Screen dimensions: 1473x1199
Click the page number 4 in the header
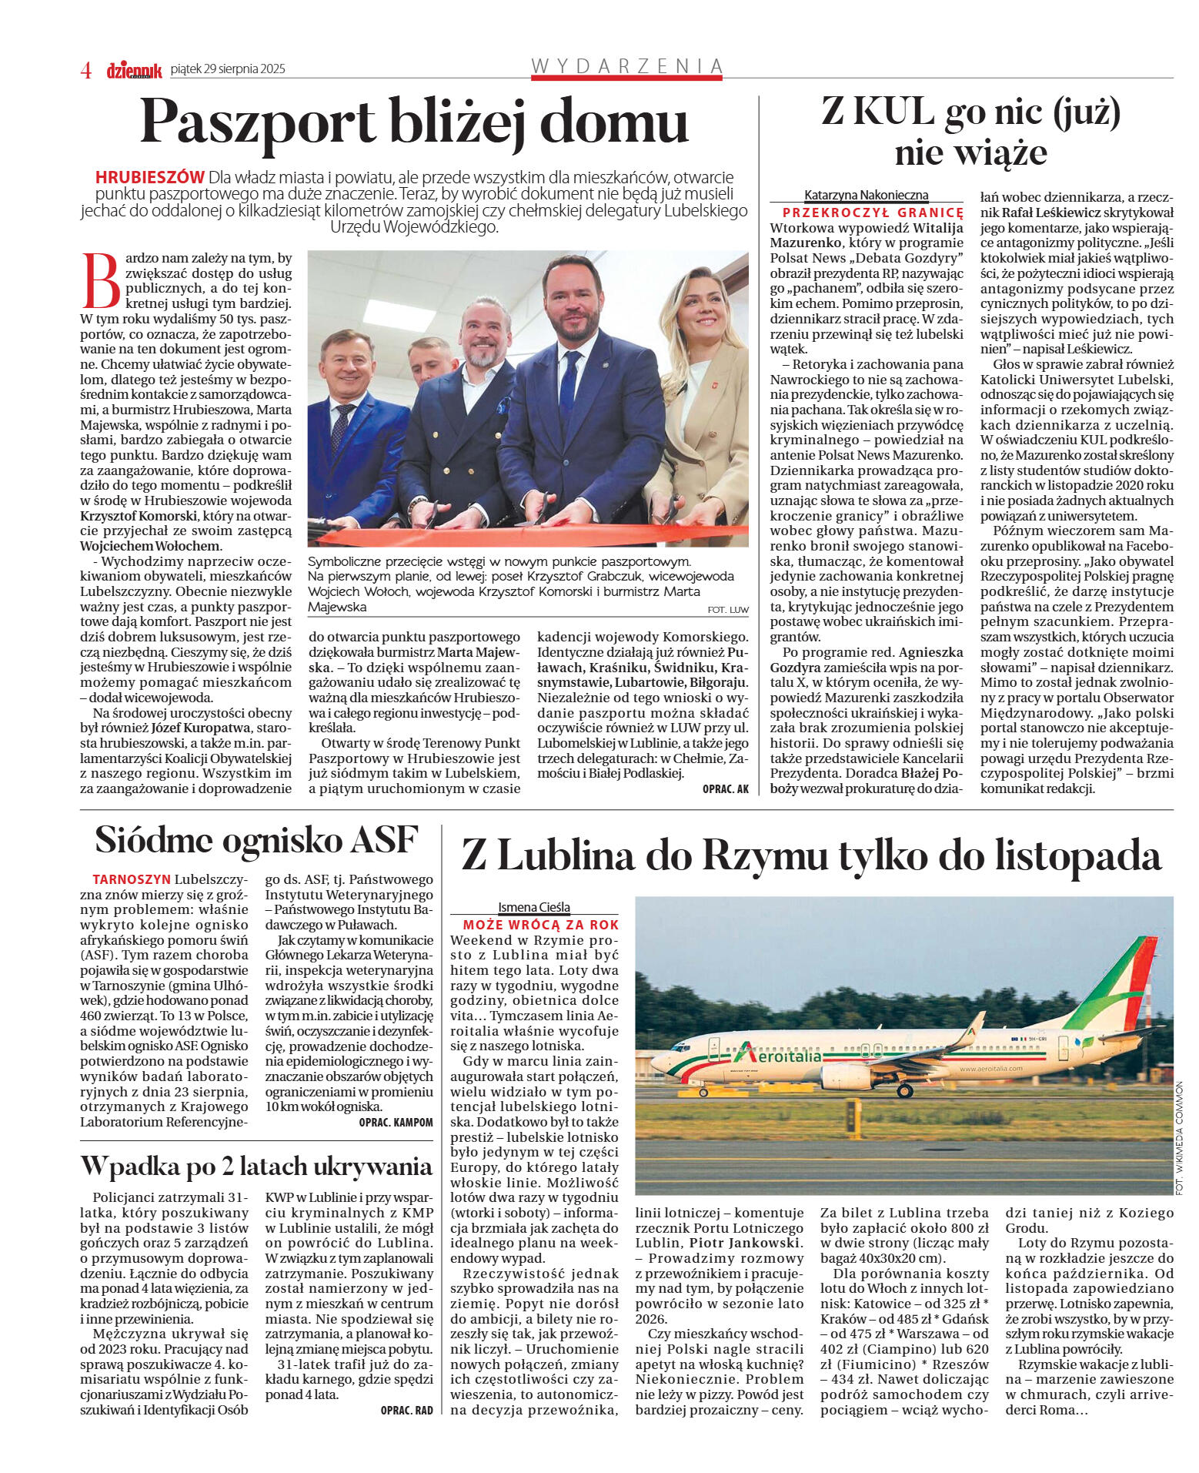86,70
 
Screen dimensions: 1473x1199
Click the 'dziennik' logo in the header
134,70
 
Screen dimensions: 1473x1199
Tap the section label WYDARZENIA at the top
626,66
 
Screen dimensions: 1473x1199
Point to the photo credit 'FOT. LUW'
727,610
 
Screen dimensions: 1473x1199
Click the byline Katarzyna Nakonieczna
866,195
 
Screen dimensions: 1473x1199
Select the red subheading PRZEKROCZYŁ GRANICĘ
873,213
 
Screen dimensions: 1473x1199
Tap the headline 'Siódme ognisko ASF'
256,840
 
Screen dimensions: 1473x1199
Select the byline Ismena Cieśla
533,907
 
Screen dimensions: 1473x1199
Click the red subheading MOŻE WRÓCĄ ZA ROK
540,925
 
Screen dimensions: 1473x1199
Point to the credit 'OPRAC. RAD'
406,1410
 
